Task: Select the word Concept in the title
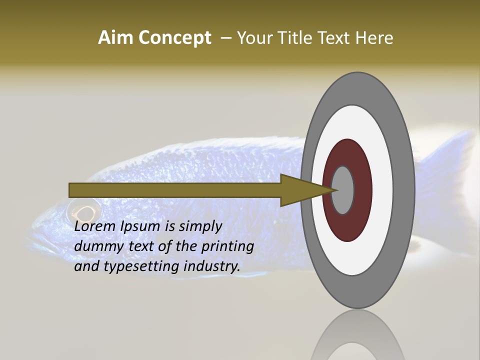174,38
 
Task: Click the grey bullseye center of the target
343,190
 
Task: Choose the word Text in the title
336,38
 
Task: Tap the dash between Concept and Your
226,38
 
